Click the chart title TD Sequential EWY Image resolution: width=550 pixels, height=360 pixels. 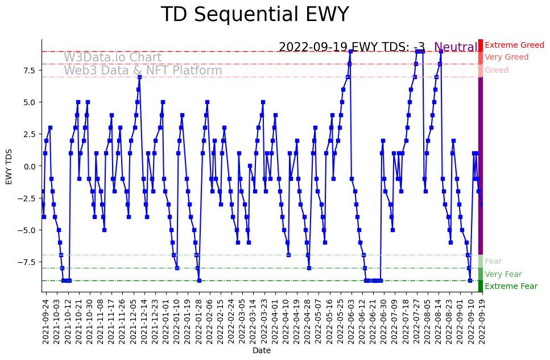(254, 15)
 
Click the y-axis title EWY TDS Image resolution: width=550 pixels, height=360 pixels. (9, 165)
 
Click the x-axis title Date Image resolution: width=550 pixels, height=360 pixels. (261, 351)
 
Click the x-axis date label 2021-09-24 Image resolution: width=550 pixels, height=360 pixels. (46, 322)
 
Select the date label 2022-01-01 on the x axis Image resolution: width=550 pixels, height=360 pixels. (165, 322)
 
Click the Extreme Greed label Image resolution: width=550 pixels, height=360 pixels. (514, 45)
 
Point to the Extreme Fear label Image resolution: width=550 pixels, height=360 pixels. (511, 286)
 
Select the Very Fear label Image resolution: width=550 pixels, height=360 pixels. (503, 274)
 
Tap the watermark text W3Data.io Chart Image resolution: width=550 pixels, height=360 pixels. (113, 57)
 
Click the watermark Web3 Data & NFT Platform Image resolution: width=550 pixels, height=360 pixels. (143, 71)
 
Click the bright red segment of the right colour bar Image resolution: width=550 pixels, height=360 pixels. (481, 45)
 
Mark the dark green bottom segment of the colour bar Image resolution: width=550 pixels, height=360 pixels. (481, 286)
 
